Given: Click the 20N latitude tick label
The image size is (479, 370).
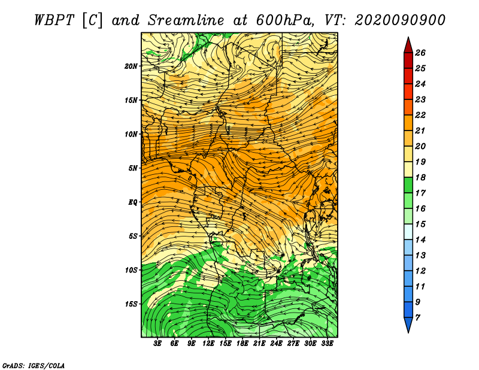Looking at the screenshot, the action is [131, 66].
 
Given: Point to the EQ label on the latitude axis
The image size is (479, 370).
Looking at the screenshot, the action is [133, 202].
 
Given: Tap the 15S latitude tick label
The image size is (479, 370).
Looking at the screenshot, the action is [131, 304].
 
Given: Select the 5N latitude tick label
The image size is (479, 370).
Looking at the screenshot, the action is [133, 168].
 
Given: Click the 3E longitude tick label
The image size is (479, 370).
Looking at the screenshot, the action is [157, 343].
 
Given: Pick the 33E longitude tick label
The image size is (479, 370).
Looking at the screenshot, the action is [327, 343].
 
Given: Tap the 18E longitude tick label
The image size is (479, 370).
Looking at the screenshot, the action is [242, 343].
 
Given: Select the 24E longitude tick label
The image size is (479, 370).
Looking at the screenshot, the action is [276, 343].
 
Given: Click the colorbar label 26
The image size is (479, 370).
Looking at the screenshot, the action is [420, 53].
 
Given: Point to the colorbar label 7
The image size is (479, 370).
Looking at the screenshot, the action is [417, 318].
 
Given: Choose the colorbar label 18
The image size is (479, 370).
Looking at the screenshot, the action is [420, 177].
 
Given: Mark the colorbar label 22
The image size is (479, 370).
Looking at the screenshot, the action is [420, 115].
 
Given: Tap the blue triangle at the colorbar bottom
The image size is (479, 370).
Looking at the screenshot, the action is [408, 324].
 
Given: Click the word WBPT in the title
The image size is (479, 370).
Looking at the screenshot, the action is [54, 20].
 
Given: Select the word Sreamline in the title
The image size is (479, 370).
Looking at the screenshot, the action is [186, 20].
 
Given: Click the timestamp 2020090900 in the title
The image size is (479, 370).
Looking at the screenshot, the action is [399, 20].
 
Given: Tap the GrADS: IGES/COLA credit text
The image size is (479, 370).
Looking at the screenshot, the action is [34, 366].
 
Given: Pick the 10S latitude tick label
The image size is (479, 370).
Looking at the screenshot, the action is [131, 270].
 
